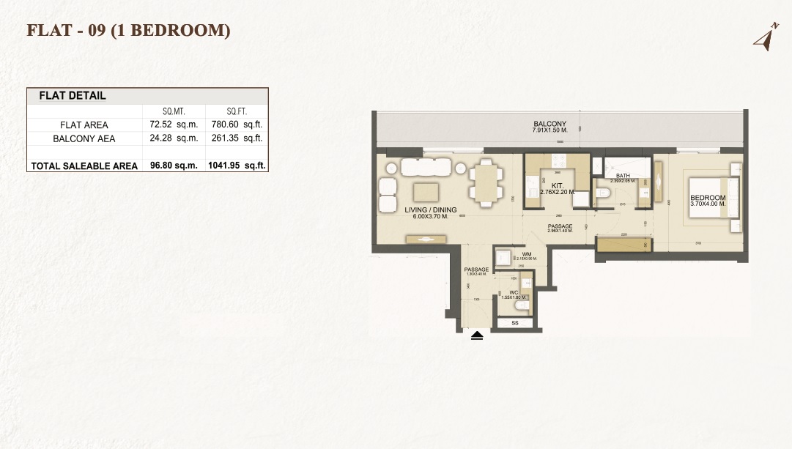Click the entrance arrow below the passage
[x=477, y=336]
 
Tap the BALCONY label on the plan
[x=549, y=124]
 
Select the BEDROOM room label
[x=708, y=198]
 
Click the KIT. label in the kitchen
[x=557, y=187]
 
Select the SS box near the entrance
[x=515, y=322]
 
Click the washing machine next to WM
[x=503, y=258]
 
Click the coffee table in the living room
[x=426, y=192]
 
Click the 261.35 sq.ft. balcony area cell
[x=243, y=138]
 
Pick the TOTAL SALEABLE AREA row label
[x=84, y=166]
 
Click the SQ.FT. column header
[x=236, y=111]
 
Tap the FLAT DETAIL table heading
[x=72, y=96]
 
